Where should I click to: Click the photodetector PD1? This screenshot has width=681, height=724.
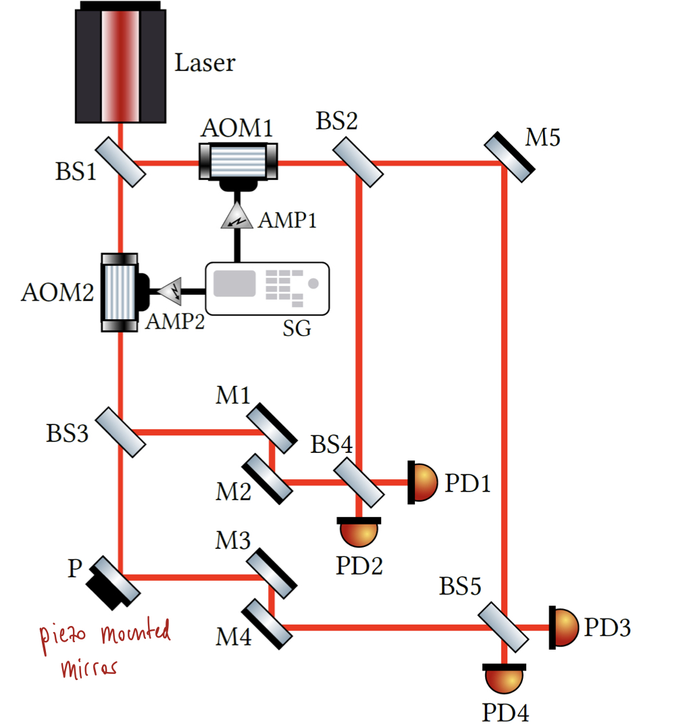[424, 482]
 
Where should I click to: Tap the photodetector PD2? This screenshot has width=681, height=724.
[359, 531]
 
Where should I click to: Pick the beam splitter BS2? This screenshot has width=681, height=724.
[359, 161]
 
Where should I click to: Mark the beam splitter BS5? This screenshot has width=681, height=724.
[504, 627]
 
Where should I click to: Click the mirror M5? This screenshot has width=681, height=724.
[509, 156]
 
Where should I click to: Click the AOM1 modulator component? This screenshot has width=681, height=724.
[237, 161]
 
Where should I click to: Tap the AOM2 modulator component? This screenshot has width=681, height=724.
[120, 292]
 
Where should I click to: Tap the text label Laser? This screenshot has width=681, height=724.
[205, 63]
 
